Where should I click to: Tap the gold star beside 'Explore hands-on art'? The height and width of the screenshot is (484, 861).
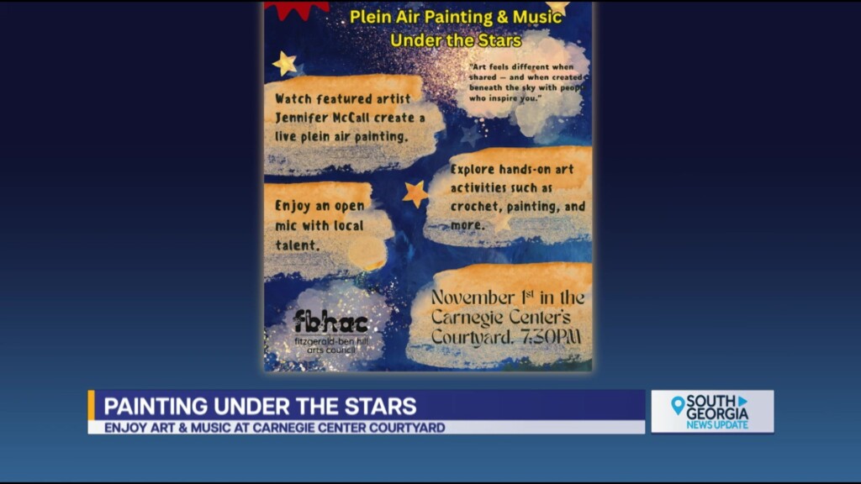click(415, 194)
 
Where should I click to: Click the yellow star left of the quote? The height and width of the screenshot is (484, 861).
click(285, 63)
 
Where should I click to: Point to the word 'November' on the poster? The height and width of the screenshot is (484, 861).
click(473, 297)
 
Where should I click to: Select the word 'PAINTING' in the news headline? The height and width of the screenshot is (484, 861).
click(156, 407)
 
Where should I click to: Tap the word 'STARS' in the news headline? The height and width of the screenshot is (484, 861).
click(383, 407)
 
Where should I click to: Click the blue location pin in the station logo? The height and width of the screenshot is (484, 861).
click(678, 405)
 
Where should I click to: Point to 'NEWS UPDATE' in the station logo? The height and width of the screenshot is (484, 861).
click(716, 424)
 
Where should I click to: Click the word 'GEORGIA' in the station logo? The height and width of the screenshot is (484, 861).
click(717, 413)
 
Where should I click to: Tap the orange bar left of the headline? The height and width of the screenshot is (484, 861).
click(92, 405)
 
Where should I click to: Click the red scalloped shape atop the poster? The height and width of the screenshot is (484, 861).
click(297, 8)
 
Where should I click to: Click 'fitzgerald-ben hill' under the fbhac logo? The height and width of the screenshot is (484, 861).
click(330, 340)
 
